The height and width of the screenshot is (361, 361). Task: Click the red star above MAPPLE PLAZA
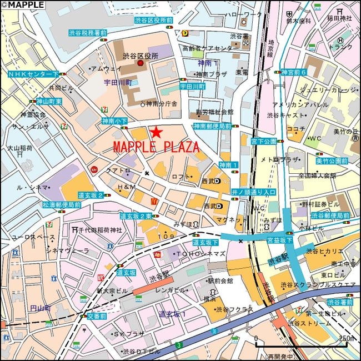tap(156, 132)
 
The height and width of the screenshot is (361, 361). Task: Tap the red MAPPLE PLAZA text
tap(156, 148)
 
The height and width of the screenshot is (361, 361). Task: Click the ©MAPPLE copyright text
tap(23, 4)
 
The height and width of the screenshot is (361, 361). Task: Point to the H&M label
tap(127, 187)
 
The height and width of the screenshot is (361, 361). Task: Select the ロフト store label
tap(181, 177)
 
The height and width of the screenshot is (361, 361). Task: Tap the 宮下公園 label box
tap(263, 142)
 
